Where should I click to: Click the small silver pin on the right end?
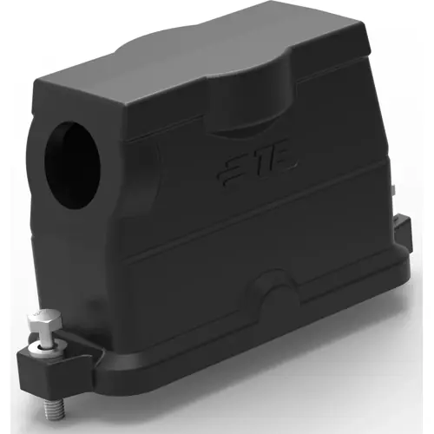[x=394, y=193]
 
